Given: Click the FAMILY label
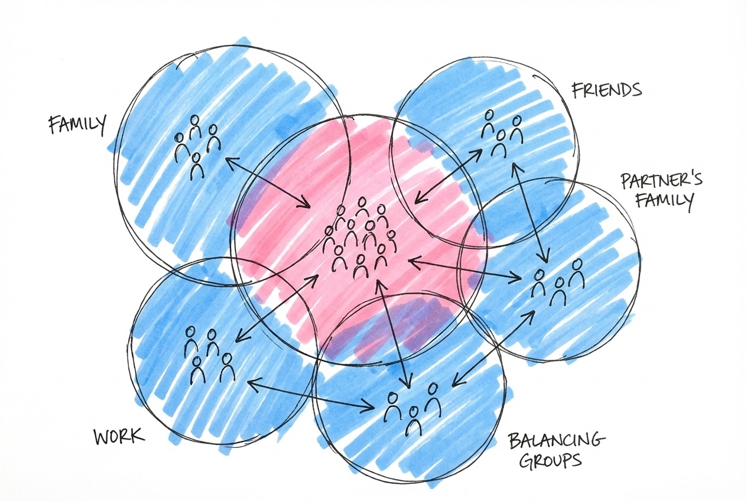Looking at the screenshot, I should (77, 125).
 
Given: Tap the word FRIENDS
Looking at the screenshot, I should (606, 90).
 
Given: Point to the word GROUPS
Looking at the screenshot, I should (550, 459).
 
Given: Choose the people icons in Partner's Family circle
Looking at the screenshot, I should (557, 281).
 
